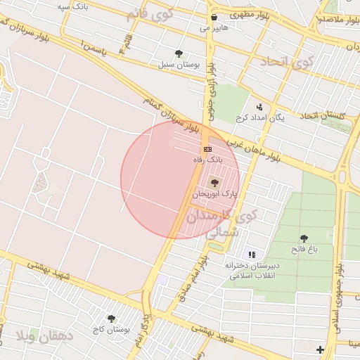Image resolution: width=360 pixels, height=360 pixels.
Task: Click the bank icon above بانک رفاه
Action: (x=207, y=149)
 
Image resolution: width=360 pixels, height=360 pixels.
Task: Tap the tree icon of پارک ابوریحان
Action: (x=214, y=182)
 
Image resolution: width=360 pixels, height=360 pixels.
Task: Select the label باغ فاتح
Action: (x=304, y=250)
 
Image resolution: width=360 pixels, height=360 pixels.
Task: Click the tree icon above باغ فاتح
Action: (x=304, y=239)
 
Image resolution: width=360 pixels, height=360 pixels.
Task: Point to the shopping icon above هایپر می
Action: (x=213, y=17)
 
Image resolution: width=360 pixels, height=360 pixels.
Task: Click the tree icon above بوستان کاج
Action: (x=110, y=319)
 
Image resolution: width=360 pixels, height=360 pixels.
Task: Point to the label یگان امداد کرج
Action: (x=260, y=117)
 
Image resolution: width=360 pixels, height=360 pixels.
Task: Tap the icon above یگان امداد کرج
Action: (x=260, y=107)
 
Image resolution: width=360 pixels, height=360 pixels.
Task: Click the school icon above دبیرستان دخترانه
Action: (x=252, y=255)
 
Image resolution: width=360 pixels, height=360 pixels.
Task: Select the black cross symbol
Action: (x=321, y=349)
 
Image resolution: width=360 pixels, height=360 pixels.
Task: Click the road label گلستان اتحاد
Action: (x=324, y=115)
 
